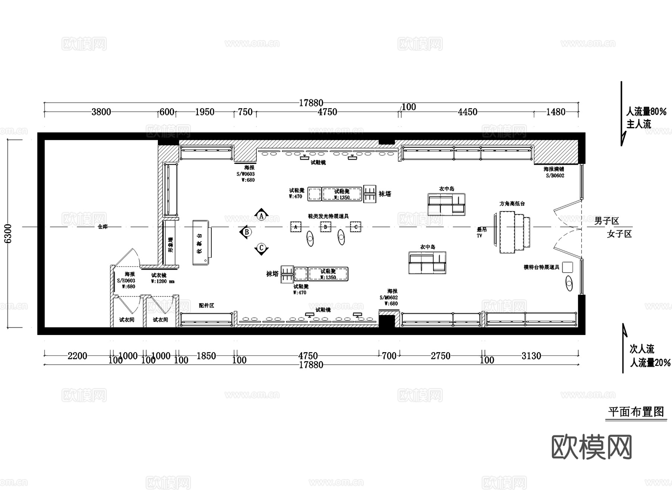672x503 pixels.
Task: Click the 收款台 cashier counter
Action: (x=201, y=243)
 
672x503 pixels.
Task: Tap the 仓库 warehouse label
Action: (x=102, y=227)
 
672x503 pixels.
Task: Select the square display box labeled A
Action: (x=296, y=227)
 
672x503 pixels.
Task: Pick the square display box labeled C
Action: (x=355, y=227)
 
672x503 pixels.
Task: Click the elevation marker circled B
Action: (x=246, y=232)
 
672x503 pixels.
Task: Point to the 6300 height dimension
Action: (x=8, y=233)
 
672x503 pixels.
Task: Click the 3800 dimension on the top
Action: (x=101, y=112)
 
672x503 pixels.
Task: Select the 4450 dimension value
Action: (x=467, y=112)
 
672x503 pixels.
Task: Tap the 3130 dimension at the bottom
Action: (x=531, y=356)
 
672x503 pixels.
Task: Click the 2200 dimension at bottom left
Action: (x=77, y=356)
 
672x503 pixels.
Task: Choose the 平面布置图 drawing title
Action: (x=636, y=412)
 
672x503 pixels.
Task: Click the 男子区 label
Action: (x=606, y=221)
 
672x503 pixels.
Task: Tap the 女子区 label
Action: (x=619, y=234)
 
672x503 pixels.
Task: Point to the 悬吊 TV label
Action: (x=481, y=232)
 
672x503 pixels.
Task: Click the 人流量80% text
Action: (x=646, y=112)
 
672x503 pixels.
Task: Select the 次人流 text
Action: (x=642, y=349)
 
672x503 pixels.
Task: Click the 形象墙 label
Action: (x=171, y=245)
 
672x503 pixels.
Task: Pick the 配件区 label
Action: (x=206, y=305)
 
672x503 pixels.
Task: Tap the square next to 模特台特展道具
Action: (x=567, y=267)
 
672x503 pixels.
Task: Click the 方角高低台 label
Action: (x=512, y=204)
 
